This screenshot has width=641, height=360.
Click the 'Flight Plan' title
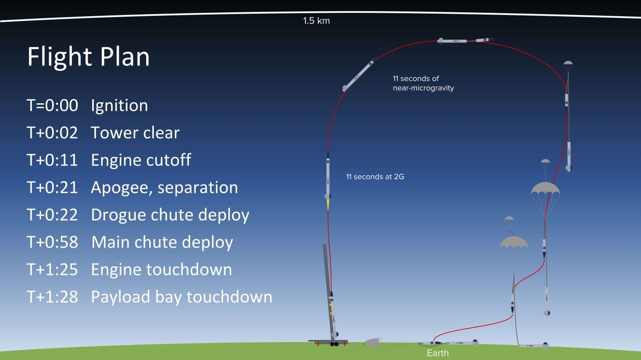point(88,56)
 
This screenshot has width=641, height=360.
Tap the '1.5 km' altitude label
point(316,21)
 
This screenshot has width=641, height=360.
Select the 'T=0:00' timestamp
point(52,105)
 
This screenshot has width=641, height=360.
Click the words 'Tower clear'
point(135,133)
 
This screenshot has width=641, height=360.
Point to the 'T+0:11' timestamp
point(52,160)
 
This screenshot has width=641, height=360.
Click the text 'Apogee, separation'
point(164,187)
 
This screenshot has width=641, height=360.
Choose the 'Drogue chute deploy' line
point(170,215)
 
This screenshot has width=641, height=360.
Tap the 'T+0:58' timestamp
point(52,242)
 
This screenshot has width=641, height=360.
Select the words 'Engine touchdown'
point(161,269)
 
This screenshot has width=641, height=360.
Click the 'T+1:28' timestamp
point(52,297)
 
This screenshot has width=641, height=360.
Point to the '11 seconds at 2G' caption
point(375,177)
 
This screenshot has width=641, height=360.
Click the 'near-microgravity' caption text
point(423,88)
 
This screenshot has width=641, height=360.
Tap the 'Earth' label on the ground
point(438,353)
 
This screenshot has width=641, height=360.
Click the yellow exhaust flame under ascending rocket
point(328,205)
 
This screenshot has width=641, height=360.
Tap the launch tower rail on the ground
point(327,290)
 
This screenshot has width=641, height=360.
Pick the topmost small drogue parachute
point(568,64)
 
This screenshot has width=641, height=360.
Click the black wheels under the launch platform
point(334,344)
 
